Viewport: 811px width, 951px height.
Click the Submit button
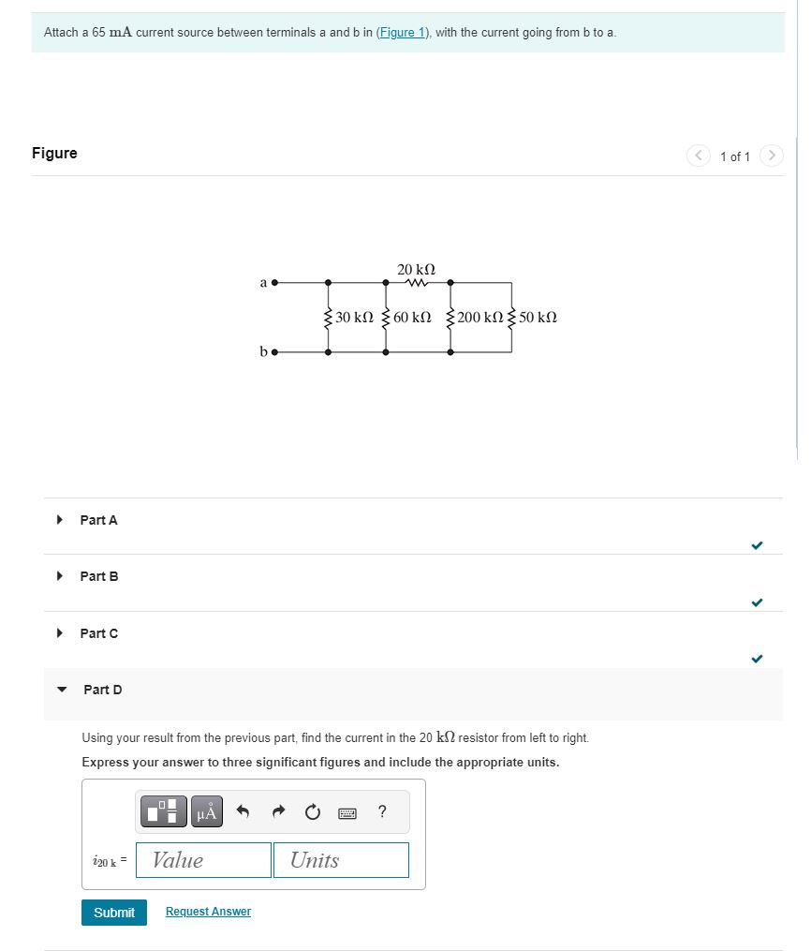tap(114, 912)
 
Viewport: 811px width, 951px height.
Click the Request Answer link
tap(208, 912)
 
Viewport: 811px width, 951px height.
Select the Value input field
tap(204, 860)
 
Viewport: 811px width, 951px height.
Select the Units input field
tap(341, 860)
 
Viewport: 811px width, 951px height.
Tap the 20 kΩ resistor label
tap(416, 269)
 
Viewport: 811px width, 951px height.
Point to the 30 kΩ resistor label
tap(355, 317)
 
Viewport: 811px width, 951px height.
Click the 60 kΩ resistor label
tap(412, 317)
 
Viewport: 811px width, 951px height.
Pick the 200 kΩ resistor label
tap(480, 317)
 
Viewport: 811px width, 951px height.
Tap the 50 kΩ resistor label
tap(538, 317)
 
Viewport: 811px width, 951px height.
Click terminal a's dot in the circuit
tap(275, 281)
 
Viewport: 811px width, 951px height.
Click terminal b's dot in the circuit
tap(275, 352)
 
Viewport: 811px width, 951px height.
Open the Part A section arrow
tap(61, 519)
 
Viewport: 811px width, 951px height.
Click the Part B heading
tap(99, 576)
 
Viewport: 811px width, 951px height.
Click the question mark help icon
tap(382, 812)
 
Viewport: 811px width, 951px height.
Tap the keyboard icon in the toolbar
tap(347, 813)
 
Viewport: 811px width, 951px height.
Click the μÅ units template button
tap(206, 812)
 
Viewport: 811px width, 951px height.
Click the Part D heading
tap(103, 690)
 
